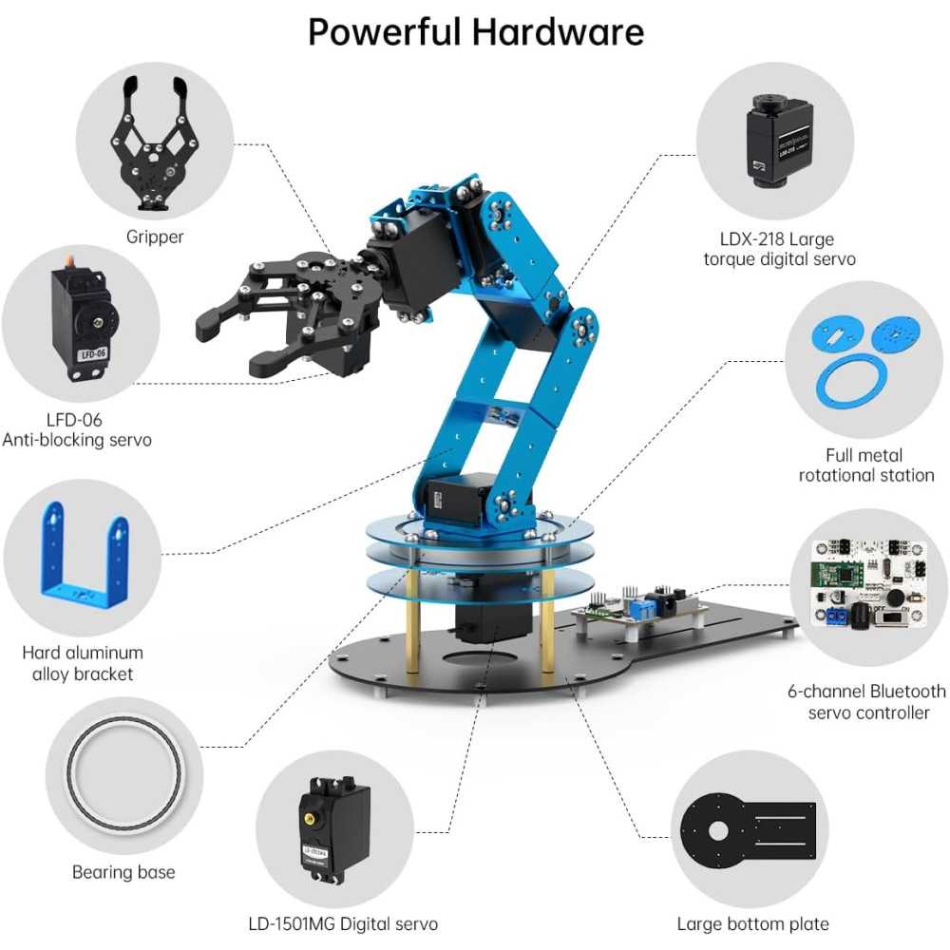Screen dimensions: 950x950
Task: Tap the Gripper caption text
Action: (155, 237)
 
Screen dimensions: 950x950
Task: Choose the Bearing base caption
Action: (123, 872)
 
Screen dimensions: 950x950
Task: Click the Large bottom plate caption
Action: (752, 923)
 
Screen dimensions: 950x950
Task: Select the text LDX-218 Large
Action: (778, 239)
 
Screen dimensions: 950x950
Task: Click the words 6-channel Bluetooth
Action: (866, 692)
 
